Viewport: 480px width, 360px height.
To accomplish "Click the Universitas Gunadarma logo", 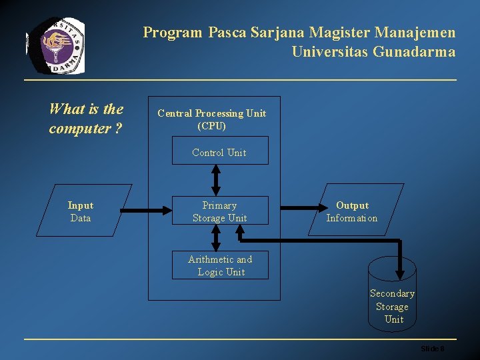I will point(56,45).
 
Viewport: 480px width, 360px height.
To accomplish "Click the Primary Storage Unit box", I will point(219,211).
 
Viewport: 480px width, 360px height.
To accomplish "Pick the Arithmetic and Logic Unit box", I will point(220,265).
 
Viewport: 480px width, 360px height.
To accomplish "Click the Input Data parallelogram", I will point(81,211).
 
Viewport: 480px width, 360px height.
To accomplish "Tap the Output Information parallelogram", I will point(353,211).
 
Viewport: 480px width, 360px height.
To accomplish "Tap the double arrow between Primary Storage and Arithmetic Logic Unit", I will point(216,237).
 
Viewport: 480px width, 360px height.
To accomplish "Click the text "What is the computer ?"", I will point(86,119).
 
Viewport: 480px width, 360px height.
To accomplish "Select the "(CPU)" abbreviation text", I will point(211,125).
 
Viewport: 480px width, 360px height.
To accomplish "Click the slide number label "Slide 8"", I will point(432,349).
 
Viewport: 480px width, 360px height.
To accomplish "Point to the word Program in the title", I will point(172,32).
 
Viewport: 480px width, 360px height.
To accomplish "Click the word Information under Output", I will point(351,218).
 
